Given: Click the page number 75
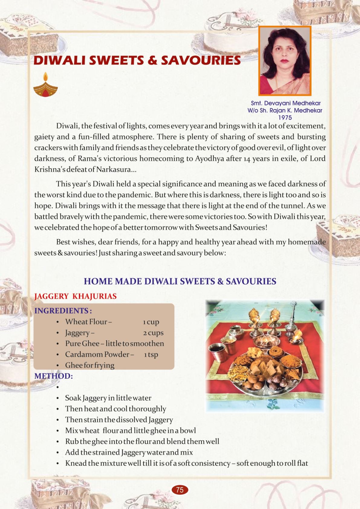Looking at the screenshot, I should point(180,490).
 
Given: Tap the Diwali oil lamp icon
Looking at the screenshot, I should point(45,86).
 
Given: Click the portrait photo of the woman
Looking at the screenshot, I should point(285,61).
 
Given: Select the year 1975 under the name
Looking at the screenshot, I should point(285,118).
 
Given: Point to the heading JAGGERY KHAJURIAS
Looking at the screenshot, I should point(75,296).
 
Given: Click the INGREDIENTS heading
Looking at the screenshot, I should point(63,311).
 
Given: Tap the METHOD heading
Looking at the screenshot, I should point(54,376).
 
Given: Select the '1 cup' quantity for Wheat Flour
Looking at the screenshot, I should point(151,322).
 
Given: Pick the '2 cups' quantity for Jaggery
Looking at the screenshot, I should point(153,333).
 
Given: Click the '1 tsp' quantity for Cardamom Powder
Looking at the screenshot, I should point(151,355).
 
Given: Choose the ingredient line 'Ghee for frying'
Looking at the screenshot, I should point(90,365).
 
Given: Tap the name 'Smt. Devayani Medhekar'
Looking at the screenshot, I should point(286,103).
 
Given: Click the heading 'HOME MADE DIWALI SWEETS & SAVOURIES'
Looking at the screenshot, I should point(180,281).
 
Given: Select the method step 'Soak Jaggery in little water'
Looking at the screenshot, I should point(108,398).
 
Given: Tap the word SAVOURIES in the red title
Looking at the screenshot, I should point(201,60).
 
